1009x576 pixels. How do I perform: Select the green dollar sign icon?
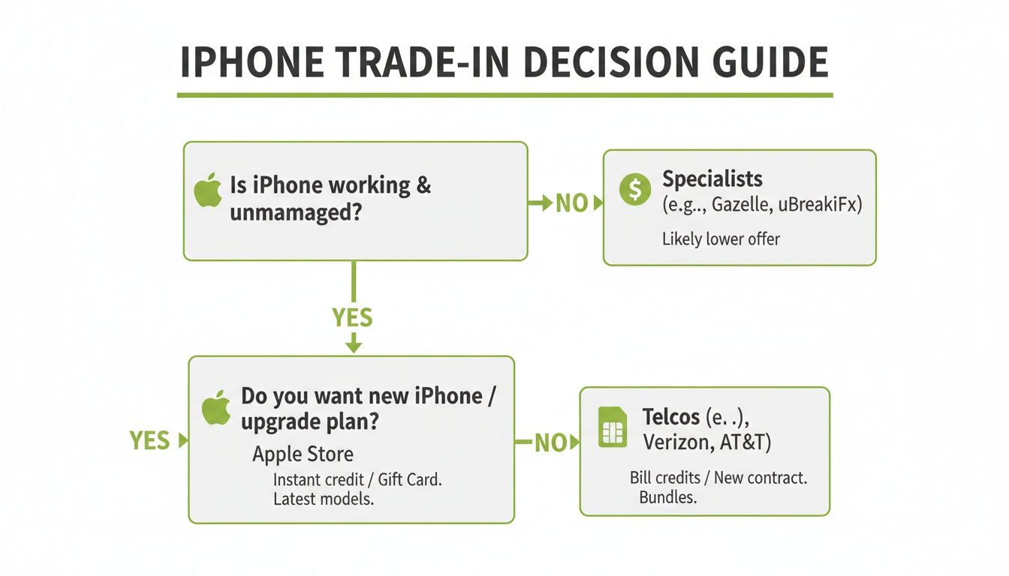(x=635, y=190)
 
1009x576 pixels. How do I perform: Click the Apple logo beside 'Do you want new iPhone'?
(x=215, y=407)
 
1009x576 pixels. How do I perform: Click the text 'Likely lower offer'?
(x=721, y=239)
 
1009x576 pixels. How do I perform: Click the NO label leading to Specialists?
(x=571, y=203)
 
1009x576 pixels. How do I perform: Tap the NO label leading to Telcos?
(x=550, y=443)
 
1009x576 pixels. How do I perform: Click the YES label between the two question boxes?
(x=352, y=318)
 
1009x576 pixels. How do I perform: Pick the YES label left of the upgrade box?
(x=150, y=441)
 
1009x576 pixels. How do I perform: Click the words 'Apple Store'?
(x=303, y=454)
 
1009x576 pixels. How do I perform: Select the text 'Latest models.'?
(x=324, y=499)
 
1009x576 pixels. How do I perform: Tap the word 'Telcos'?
(x=671, y=417)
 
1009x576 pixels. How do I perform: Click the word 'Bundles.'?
(x=668, y=497)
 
